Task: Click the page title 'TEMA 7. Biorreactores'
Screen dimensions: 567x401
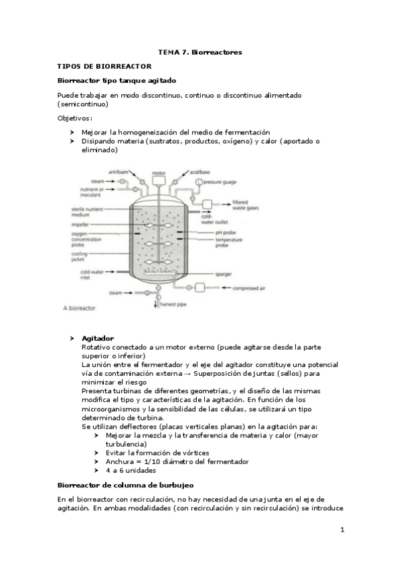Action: [x=199, y=51]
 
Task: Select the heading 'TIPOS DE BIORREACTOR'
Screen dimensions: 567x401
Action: [x=105, y=66]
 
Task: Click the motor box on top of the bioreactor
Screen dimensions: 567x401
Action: [x=159, y=181]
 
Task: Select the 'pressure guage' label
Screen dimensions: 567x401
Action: [x=221, y=182]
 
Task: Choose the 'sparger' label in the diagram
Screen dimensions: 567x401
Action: [x=223, y=274]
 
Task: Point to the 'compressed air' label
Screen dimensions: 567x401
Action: [x=248, y=288]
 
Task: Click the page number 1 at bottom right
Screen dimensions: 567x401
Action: [x=341, y=530]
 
